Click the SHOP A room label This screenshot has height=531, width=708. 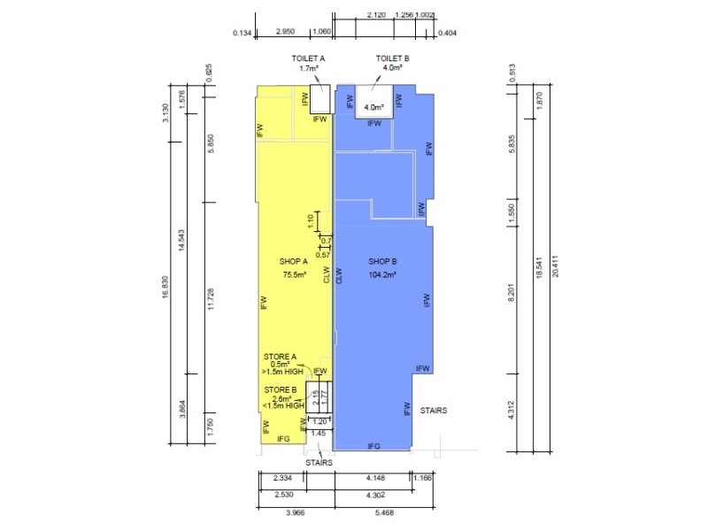(x=293, y=263)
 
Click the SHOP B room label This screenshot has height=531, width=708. (x=381, y=263)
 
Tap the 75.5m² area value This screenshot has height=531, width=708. (x=294, y=275)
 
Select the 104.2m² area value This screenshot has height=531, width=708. (x=382, y=275)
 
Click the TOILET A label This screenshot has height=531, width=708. (x=309, y=58)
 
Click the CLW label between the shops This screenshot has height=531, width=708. (x=327, y=274)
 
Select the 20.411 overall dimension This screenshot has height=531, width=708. (x=556, y=263)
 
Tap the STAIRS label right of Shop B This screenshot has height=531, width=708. (x=434, y=411)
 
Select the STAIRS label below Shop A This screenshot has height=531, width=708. (x=319, y=461)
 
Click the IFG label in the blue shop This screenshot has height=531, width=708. (x=373, y=446)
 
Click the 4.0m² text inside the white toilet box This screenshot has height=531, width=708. (x=377, y=107)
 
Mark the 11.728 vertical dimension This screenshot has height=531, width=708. (x=210, y=301)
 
